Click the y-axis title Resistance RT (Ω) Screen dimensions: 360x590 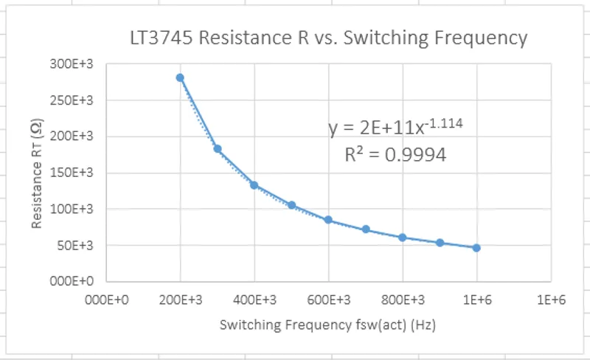(x=36, y=176)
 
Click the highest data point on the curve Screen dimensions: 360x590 (x=180, y=77)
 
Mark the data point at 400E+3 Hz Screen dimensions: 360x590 (x=254, y=185)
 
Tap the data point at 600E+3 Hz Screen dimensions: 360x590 (x=328, y=220)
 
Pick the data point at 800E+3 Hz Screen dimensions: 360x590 (x=403, y=238)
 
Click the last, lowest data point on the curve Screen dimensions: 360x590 (x=476, y=248)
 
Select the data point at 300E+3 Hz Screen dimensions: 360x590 (x=218, y=149)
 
